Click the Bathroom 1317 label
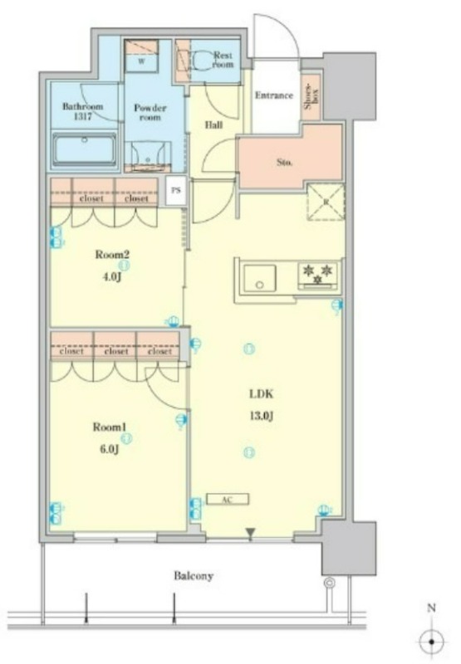click(82, 111)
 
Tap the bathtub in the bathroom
click(85, 150)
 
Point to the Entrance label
click(274, 95)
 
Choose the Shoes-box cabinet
click(311, 96)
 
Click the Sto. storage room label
click(284, 162)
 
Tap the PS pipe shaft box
click(175, 190)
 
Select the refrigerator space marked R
click(326, 202)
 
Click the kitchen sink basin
click(260, 278)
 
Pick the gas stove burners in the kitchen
click(318, 275)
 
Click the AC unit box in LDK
click(228, 500)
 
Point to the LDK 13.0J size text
click(261, 416)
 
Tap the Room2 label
click(112, 255)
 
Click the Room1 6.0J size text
click(110, 449)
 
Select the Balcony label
click(194, 576)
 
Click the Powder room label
click(150, 112)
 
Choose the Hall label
click(213, 125)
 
